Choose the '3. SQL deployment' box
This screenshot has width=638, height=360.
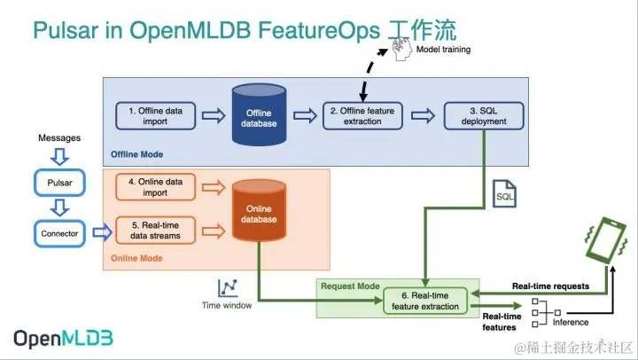[484, 115]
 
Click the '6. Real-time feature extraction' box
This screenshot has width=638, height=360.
[425, 300]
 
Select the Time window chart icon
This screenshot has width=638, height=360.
[229, 286]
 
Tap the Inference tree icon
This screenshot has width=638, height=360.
[544, 309]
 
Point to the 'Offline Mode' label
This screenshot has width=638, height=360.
[136, 153]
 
